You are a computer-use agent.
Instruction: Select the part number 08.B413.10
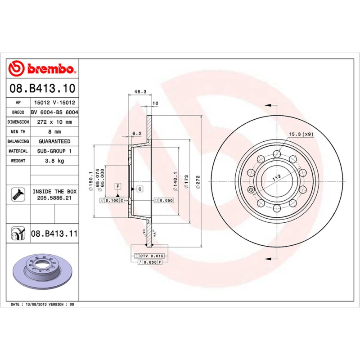(x=42, y=88)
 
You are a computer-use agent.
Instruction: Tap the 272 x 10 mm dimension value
(x=54, y=122)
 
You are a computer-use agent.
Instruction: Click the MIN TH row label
(x=18, y=132)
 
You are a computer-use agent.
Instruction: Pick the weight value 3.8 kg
(x=54, y=161)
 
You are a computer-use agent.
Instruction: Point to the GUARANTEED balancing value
(x=54, y=141)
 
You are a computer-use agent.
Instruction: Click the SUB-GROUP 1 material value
(x=54, y=151)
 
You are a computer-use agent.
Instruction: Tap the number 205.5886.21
(x=54, y=198)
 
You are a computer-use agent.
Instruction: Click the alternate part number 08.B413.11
(x=54, y=234)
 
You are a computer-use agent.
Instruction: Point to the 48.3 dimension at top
(x=140, y=91)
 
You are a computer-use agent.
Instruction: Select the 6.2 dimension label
(x=137, y=133)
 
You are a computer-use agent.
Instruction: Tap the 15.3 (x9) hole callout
(x=301, y=134)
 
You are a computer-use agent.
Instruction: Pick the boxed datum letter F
(x=117, y=186)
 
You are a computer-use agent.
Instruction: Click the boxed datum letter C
(x=140, y=189)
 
